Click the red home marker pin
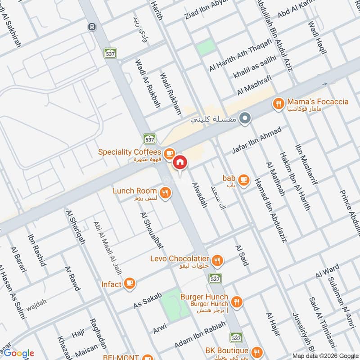tap(180, 162)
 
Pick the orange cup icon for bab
tap(244, 180)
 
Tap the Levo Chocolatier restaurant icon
tap(217, 260)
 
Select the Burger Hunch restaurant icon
tap(237, 300)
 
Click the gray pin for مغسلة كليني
tap(245, 118)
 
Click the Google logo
tap(18, 353)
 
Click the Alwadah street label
tap(199, 194)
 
